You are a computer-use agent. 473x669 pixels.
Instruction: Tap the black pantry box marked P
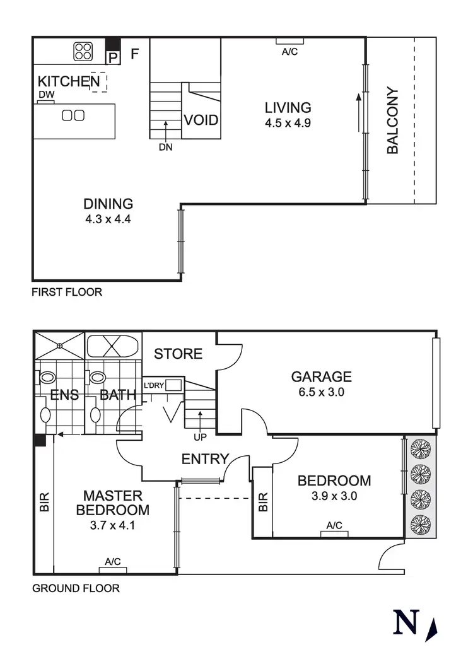pyautogui.click(x=113, y=57)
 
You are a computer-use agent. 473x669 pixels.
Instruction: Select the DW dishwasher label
pyautogui.click(x=45, y=95)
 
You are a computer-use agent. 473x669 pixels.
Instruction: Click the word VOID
pyautogui.click(x=201, y=120)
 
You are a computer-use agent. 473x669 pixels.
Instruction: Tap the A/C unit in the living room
pyautogui.click(x=290, y=41)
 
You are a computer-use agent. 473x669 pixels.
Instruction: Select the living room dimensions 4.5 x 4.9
pyautogui.click(x=288, y=123)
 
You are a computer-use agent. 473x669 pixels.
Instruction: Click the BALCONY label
pyautogui.click(x=392, y=120)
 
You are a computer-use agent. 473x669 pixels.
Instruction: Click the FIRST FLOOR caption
pyautogui.click(x=67, y=292)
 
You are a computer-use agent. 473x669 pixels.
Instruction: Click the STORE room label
pyautogui.click(x=178, y=354)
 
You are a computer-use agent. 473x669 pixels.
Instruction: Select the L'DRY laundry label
pyautogui.click(x=154, y=385)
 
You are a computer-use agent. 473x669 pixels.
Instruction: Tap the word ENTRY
pyautogui.click(x=204, y=459)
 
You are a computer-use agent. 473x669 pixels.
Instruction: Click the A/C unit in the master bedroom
pyautogui.click(x=113, y=570)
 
